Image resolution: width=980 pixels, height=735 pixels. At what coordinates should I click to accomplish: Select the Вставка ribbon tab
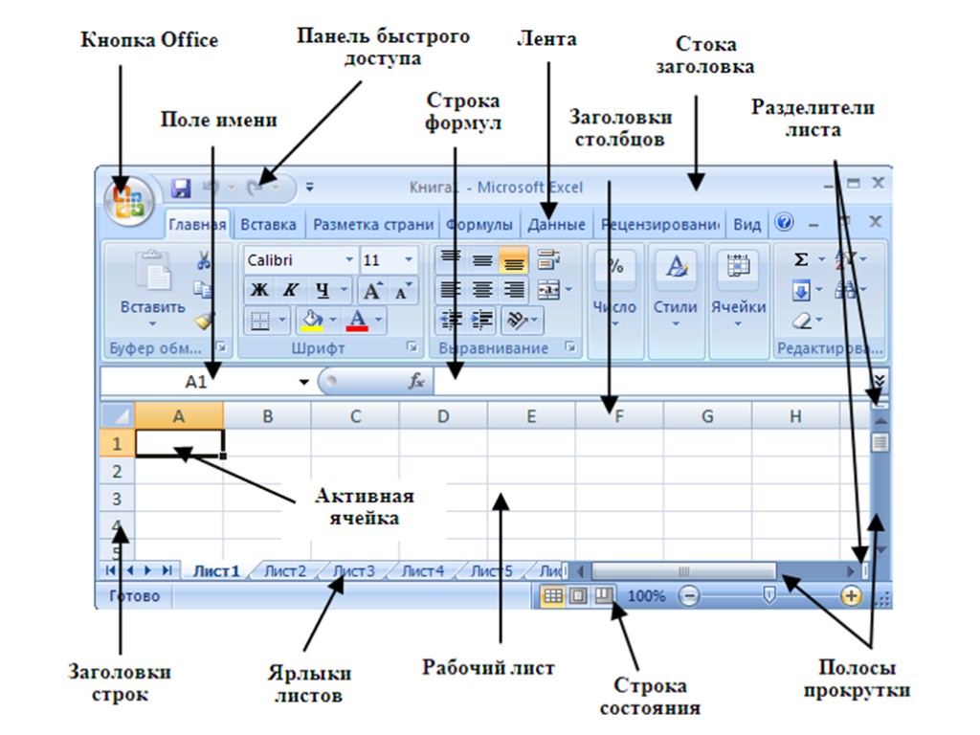pyautogui.click(x=268, y=225)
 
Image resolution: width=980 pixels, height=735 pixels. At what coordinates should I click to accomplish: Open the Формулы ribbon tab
pyautogui.click(x=479, y=225)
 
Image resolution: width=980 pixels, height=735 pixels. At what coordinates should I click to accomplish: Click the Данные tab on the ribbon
pyautogui.click(x=557, y=225)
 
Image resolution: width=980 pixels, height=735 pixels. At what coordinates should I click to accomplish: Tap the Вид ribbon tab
pyautogui.click(x=746, y=225)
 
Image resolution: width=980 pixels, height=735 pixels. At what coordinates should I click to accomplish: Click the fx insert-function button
pyautogui.click(x=416, y=381)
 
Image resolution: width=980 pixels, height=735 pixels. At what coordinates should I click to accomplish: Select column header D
pyautogui.click(x=443, y=415)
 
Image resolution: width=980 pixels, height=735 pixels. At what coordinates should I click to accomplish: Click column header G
pyautogui.click(x=707, y=415)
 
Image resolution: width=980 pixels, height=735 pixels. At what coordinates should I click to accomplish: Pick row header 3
pyautogui.click(x=118, y=499)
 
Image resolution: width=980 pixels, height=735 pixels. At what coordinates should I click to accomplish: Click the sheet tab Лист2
pyautogui.click(x=285, y=571)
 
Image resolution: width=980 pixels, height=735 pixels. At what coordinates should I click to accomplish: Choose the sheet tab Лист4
pyautogui.click(x=422, y=571)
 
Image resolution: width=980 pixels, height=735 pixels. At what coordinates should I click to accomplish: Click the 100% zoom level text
pyautogui.click(x=646, y=596)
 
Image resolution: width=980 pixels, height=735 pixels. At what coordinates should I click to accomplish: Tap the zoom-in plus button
pyautogui.click(x=851, y=595)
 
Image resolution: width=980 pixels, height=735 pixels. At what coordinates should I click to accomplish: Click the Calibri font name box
pyautogui.click(x=300, y=260)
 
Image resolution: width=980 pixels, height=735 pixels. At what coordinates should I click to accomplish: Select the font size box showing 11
pyautogui.click(x=389, y=260)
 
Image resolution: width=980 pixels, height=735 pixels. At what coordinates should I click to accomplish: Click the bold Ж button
pyautogui.click(x=258, y=290)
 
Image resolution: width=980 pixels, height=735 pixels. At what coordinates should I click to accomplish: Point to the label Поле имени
pyautogui.click(x=218, y=120)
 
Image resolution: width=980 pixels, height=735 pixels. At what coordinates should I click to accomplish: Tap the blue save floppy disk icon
pyautogui.click(x=181, y=188)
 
